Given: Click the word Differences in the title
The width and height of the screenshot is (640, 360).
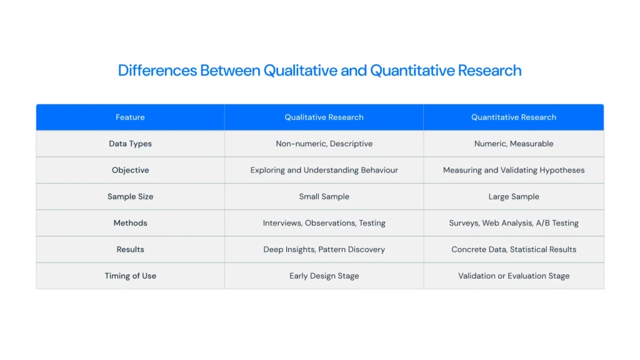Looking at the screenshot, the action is coord(157,71).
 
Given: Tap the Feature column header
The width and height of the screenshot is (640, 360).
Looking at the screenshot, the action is coord(130,117).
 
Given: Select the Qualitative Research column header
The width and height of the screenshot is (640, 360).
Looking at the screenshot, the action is coord(324,117).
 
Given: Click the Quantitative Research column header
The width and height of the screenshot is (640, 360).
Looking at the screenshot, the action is coord(514,117).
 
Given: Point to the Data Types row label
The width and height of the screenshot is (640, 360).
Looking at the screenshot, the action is coord(130,144).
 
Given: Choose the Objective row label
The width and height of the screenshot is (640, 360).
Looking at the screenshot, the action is coord(130,170).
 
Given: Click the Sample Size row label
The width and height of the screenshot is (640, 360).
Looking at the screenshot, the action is coord(130,196).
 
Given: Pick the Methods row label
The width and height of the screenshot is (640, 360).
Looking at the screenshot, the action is coord(130,223).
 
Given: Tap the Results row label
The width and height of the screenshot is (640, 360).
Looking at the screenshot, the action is coord(130,249).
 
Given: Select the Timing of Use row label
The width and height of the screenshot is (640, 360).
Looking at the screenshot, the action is coord(130,276).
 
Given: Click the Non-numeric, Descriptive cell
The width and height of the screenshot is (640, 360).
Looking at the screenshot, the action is coord(324,144).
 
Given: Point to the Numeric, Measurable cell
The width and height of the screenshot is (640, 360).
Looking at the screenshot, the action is coord(514,144).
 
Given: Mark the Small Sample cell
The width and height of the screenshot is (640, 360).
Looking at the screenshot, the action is coord(324,196).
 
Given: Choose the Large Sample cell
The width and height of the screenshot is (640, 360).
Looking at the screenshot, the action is coord(514,196).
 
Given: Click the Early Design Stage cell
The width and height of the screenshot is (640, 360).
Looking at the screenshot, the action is coord(324,276).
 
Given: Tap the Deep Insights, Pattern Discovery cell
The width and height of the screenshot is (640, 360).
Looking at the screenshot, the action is coord(324,249).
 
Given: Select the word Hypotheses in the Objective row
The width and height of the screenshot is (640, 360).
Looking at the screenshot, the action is coord(562,170).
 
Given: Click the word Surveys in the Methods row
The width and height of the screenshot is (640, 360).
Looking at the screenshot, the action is coord(464,223).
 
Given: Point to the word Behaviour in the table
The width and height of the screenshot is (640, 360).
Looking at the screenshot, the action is coord(379,170).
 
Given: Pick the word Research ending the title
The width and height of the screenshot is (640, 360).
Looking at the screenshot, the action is coord(489,71).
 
